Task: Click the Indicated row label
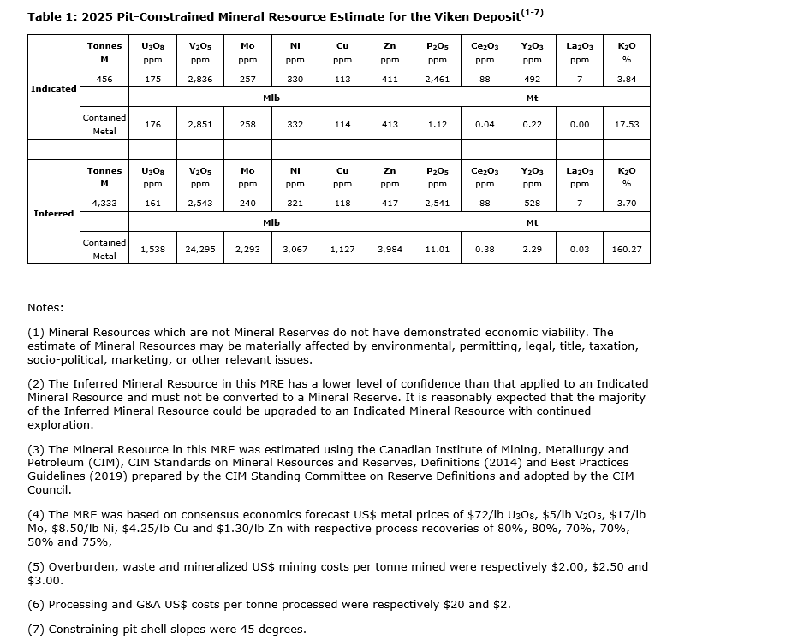[53, 88]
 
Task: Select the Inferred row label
[53, 213]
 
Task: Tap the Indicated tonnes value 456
[104, 79]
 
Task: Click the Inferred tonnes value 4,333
[104, 204]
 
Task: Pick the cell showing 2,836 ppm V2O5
[200, 79]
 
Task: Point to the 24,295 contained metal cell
[200, 249]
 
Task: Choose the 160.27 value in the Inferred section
[627, 249]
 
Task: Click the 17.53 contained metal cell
[627, 124]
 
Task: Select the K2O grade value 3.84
[627, 79]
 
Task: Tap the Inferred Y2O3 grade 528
[532, 204]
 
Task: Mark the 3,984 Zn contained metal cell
[390, 249]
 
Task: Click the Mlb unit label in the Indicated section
[271, 98]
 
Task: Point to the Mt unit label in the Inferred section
[532, 223]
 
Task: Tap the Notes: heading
[45, 307]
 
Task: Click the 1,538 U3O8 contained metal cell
[152, 249]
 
